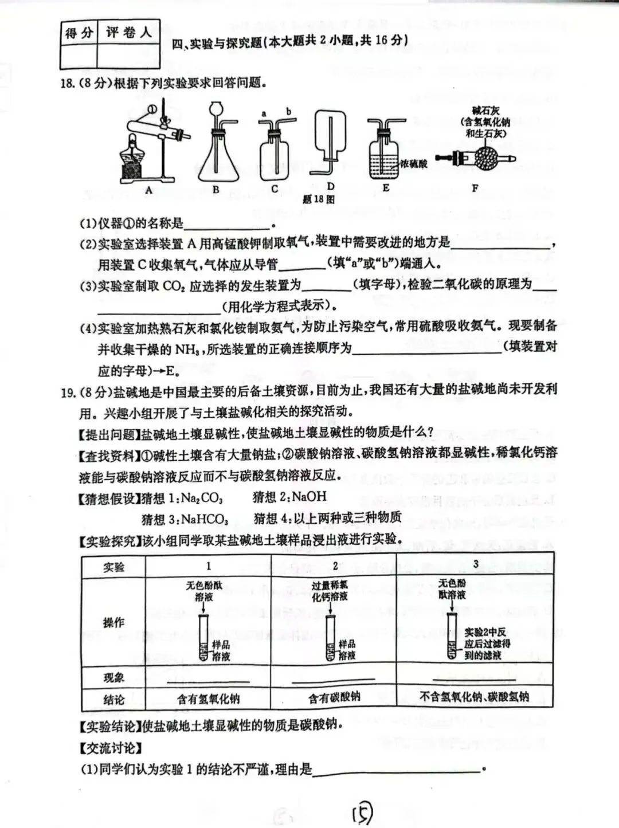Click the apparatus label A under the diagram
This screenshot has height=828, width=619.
pos(148,191)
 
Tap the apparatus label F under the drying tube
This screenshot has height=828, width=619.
pos(475,187)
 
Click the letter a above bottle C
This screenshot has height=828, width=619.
pos(264,113)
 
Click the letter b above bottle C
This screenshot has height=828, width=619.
pos(288,112)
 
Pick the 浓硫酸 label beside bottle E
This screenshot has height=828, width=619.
pos(414,164)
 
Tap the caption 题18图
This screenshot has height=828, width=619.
pos(318,199)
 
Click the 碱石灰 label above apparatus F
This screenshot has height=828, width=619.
pos(485,111)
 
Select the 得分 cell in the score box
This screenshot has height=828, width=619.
pos(79,33)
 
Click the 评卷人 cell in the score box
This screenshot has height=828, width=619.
pos(128,33)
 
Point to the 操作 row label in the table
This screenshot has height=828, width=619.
pos(113,622)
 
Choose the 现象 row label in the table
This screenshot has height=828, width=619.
pos(113,678)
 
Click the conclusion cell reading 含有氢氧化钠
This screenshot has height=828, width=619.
pos(208,698)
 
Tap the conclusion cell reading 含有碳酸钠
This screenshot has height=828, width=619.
pos(334,697)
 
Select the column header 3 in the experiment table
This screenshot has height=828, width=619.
pos(476,564)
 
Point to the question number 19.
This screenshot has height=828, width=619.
pos(68,392)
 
